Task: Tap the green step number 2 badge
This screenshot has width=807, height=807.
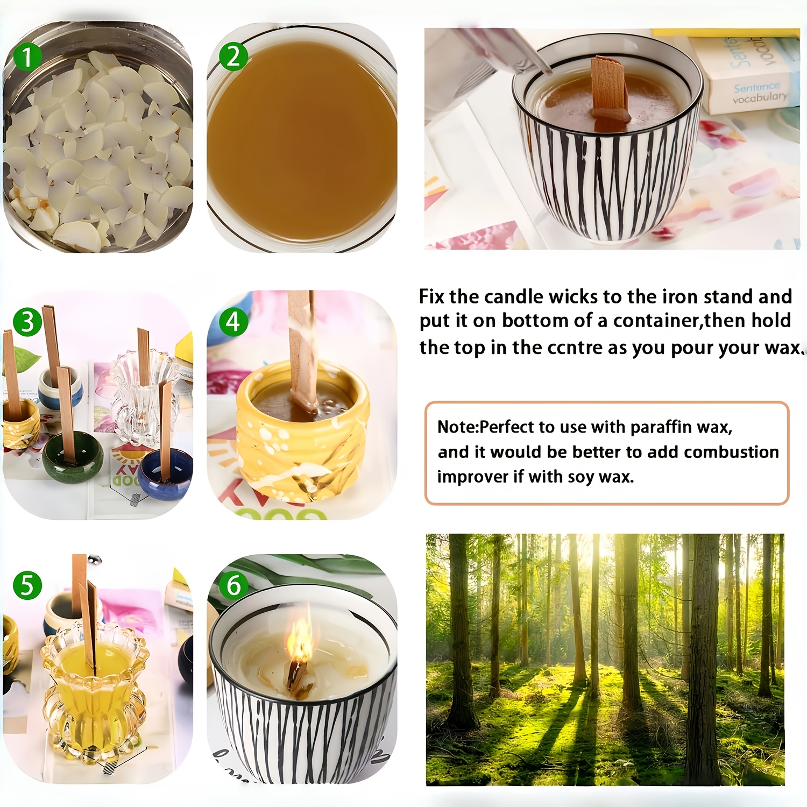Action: [233, 56]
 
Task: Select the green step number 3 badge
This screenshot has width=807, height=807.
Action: [27, 322]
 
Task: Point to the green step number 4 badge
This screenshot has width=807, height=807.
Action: [233, 322]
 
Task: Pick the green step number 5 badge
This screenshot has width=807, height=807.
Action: [27, 585]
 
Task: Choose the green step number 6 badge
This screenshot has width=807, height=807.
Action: [233, 585]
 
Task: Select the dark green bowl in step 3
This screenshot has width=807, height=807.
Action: [73, 457]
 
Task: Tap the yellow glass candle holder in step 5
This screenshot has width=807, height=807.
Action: [94, 694]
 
